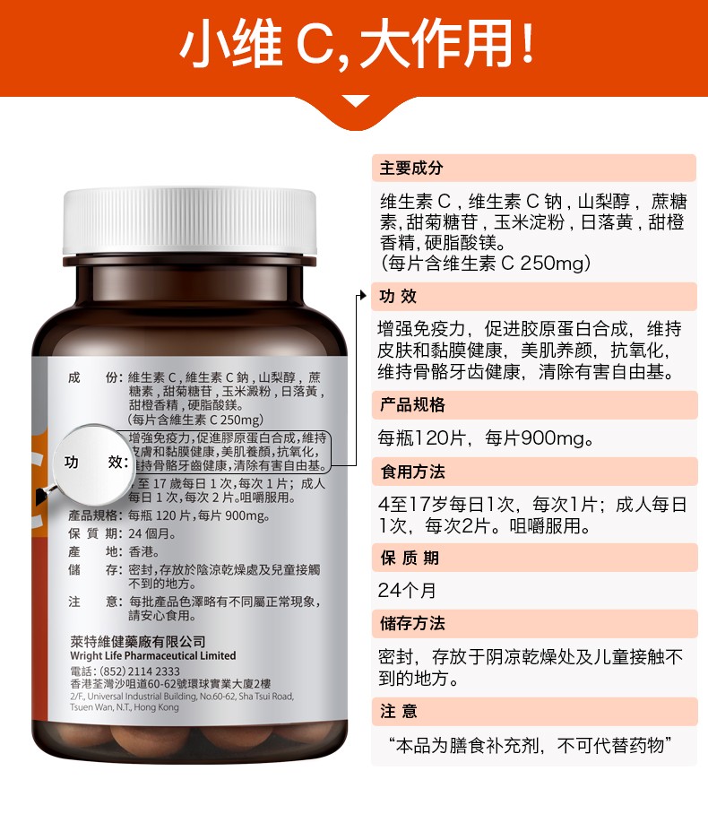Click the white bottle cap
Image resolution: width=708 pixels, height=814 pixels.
click(189, 221)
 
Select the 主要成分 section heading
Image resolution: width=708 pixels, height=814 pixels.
click(411, 169)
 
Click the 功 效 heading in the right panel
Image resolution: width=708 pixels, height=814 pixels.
click(398, 297)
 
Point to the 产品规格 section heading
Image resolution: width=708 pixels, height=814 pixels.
click(412, 405)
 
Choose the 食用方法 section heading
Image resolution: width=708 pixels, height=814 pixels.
click(412, 472)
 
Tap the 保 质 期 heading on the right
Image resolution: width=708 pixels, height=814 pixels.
click(410, 559)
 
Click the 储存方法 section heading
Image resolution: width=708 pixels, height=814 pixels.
click(412, 623)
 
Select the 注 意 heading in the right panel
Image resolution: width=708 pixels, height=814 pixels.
click(399, 711)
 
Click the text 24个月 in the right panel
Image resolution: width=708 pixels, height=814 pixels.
click(407, 590)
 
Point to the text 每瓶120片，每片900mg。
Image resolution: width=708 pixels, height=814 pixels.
click(487, 438)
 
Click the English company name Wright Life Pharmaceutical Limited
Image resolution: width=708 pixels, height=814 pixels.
click(153, 655)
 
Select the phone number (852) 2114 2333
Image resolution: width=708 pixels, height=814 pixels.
click(140, 671)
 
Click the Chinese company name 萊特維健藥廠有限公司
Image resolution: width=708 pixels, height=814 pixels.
click(138, 642)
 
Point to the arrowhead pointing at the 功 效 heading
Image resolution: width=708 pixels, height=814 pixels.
click(363, 295)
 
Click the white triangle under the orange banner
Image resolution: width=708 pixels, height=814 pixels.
click(356, 101)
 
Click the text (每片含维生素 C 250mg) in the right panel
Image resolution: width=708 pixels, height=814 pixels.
click(486, 264)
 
